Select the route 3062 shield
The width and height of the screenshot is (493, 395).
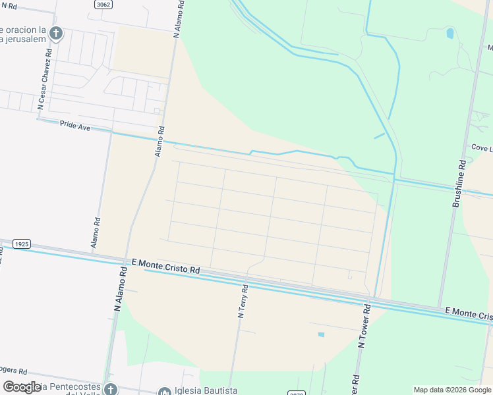click(x=103, y=5)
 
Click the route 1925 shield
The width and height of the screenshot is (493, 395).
click(x=21, y=244)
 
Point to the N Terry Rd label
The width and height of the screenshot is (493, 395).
click(x=243, y=302)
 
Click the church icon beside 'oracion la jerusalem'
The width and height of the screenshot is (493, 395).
click(x=57, y=33)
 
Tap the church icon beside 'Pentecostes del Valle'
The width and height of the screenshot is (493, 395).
click(x=110, y=390)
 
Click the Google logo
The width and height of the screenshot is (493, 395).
click(x=22, y=387)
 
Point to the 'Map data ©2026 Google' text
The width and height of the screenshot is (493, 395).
click(x=451, y=390)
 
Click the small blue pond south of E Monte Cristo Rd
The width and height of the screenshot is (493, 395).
click(x=321, y=334)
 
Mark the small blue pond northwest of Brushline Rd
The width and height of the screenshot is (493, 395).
click(x=450, y=33)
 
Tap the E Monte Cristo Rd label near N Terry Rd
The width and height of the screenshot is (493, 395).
click(x=165, y=266)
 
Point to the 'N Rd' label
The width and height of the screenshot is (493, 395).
click(x=9, y=5)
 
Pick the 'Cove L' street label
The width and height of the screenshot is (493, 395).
click(x=481, y=148)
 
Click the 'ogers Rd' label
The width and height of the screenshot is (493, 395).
click(x=13, y=370)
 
